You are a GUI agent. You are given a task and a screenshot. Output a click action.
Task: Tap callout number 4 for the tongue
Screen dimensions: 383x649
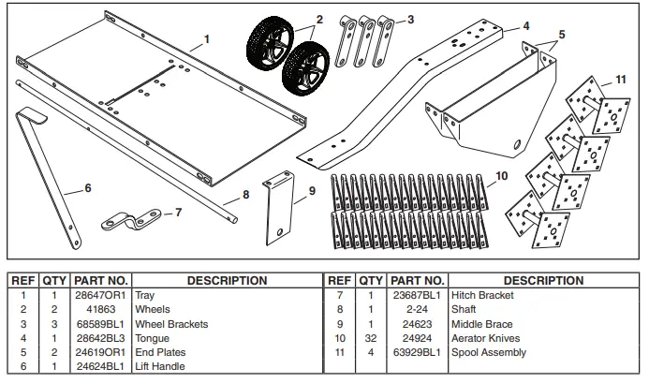pos(526,27)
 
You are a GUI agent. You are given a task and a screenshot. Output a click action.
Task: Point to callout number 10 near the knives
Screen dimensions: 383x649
pos(501,175)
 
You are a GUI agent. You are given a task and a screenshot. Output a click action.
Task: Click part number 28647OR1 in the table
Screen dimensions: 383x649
pos(100,294)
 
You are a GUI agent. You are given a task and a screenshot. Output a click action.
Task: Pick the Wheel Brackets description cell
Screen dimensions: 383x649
pos(170,324)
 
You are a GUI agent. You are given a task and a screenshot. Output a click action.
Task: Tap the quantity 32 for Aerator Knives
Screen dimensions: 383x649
pos(371,338)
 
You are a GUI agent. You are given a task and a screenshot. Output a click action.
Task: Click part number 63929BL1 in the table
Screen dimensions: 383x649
pos(417,353)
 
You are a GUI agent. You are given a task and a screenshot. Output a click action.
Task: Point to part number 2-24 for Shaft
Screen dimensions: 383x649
pos(417,309)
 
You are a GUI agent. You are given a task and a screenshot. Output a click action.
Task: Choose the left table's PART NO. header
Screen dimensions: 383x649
pos(100,280)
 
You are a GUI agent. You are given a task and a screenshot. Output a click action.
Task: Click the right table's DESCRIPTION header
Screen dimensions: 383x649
pos(542,280)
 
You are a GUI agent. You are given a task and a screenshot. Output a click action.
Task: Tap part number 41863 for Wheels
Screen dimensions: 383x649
pos(100,309)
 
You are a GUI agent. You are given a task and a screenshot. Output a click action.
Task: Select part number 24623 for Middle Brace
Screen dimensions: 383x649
pos(417,324)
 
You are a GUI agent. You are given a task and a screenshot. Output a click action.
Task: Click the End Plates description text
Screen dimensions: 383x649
pos(161,353)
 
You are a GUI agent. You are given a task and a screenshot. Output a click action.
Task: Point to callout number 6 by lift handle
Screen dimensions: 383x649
pos(87,189)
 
